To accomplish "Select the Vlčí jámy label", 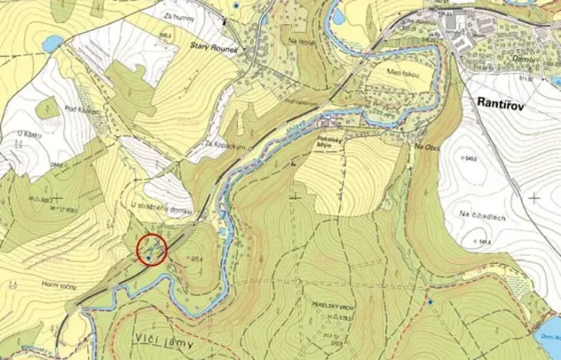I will tap(163, 344).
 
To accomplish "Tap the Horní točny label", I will tap(58, 284).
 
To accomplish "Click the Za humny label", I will tap(179, 15).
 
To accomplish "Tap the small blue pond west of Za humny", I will tap(52, 43).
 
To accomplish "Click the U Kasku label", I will tap(28, 134).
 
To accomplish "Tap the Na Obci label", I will tap(426, 146).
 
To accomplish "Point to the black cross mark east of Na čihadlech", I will tap(534, 198).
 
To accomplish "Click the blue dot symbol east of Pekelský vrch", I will tap(430, 302).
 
